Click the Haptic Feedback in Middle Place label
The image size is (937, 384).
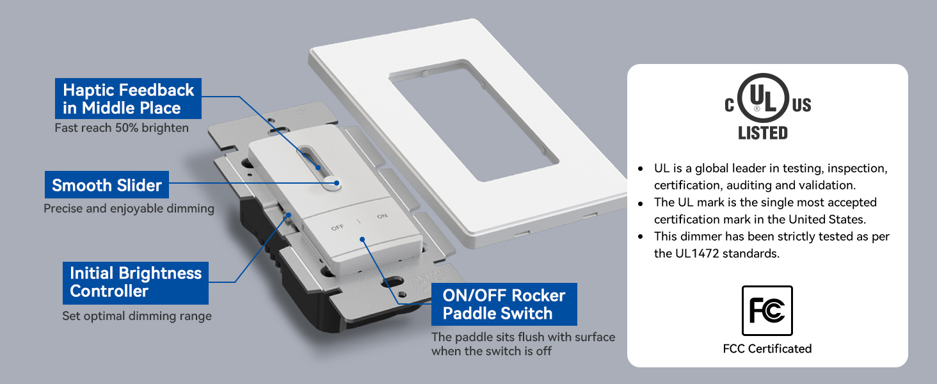[x=128, y=99]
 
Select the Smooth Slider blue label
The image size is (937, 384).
[x=107, y=184]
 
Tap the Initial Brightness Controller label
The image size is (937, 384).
[x=136, y=283]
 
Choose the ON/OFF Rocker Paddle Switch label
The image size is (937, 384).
[x=504, y=304]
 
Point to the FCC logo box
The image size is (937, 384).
[x=767, y=310]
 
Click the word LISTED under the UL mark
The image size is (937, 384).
[x=762, y=133]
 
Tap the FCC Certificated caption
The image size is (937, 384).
[x=767, y=348]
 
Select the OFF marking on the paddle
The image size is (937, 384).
[x=337, y=227]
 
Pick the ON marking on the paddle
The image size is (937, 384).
[x=382, y=216]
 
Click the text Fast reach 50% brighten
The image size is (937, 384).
[x=122, y=127]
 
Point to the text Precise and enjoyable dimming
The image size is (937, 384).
[x=129, y=208]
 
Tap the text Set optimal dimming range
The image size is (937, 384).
[x=137, y=316]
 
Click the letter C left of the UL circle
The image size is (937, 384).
[x=730, y=105]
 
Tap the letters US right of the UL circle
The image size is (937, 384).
[x=801, y=105]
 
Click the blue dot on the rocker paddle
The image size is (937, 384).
[x=362, y=239]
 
